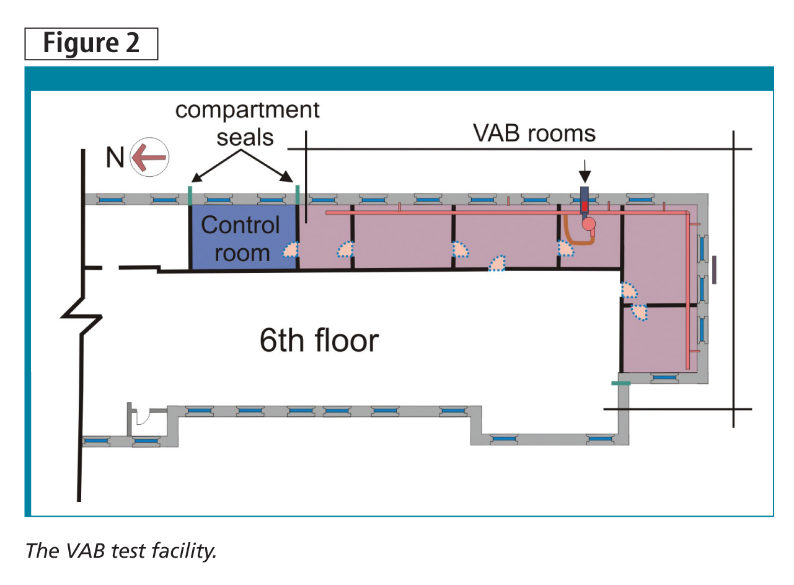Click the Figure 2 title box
(91, 44)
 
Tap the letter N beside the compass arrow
(115, 158)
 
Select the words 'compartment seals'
(247, 123)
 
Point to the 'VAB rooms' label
(533, 133)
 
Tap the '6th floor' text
(319, 341)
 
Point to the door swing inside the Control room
(291, 249)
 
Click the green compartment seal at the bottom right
(620, 383)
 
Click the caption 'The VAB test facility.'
(120, 550)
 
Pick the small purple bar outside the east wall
(714, 270)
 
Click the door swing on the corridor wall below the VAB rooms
(497, 263)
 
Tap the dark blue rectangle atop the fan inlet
(584, 194)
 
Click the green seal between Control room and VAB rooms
(298, 194)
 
